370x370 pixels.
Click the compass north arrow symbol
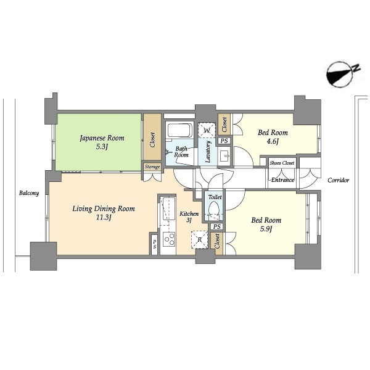[x=340, y=75]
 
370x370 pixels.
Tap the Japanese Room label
[x=102, y=138]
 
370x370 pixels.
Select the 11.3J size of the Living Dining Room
[x=104, y=217]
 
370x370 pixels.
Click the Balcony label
[x=29, y=193]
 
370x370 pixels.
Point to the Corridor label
[x=338, y=181]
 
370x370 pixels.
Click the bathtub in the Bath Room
[x=180, y=131]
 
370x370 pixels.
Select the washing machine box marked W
[x=207, y=130]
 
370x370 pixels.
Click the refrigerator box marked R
[x=199, y=240]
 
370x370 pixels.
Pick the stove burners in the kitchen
[x=169, y=239]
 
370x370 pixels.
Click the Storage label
[x=152, y=167]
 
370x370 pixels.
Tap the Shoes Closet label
[x=282, y=163]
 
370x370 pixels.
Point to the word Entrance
[x=282, y=180]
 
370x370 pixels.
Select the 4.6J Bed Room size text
[x=273, y=142]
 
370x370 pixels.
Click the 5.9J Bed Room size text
[x=266, y=229]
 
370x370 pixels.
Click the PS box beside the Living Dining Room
[x=154, y=244]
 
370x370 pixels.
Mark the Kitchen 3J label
[x=189, y=217]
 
